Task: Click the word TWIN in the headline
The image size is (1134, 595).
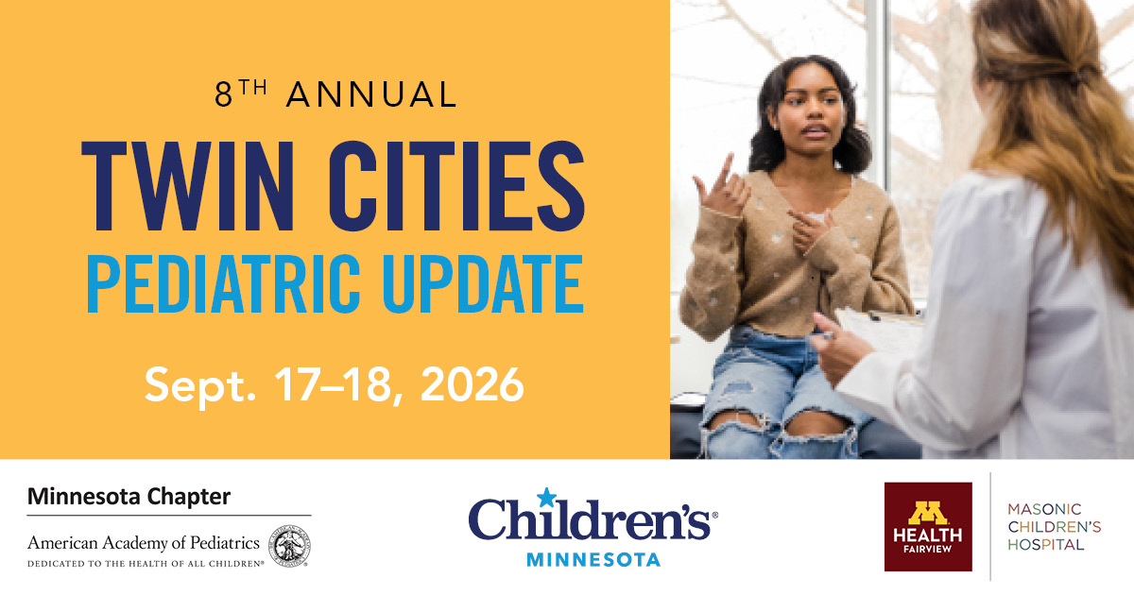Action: coord(187,186)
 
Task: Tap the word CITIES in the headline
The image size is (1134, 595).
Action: coord(456,186)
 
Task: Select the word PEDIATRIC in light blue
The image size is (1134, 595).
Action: coord(223,284)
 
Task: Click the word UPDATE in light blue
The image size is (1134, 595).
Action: coord(484,284)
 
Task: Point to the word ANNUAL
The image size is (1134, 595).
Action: coord(371,94)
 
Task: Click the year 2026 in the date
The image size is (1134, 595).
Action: coord(472,384)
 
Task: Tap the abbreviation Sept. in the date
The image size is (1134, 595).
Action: coord(200,387)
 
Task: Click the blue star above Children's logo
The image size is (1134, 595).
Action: coord(546,498)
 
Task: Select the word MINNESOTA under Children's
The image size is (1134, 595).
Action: coord(593,559)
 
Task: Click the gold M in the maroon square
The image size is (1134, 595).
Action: coord(927,513)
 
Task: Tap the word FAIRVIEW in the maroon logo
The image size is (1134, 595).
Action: coord(927,549)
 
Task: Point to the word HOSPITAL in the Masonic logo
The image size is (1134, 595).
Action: coord(1046,545)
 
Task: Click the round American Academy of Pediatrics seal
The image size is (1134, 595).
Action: coord(289,546)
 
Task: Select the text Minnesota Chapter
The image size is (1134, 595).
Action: coord(129,497)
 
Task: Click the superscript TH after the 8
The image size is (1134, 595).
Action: coord(253,88)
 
